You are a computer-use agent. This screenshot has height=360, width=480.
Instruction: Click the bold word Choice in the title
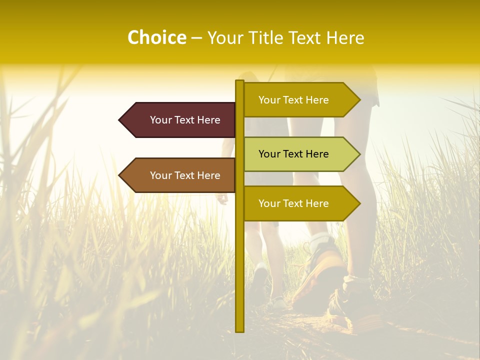pos(156,37)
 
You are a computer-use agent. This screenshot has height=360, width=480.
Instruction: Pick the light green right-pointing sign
pos(295,154)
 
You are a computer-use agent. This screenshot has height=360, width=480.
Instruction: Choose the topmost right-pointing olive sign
pos(295,100)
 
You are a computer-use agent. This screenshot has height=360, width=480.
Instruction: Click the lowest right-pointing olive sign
pos(295,203)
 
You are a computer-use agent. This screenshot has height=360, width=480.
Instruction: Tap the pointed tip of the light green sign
pos(358,154)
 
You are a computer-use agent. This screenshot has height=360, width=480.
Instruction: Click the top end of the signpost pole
pos(240,82)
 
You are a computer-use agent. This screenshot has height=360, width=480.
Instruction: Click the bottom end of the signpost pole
pos(240,330)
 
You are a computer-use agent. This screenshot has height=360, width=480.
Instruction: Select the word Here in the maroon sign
pos(208,120)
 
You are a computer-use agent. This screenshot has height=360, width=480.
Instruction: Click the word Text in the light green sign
pos(293,154)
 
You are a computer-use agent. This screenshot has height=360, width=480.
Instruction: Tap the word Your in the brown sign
pos(161,175)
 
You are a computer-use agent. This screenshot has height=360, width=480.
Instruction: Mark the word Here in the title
pos(345,37)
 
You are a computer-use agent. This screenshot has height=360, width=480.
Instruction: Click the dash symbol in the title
pos(196,38)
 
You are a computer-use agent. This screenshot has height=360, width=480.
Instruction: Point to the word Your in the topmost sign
pos(269,100)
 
